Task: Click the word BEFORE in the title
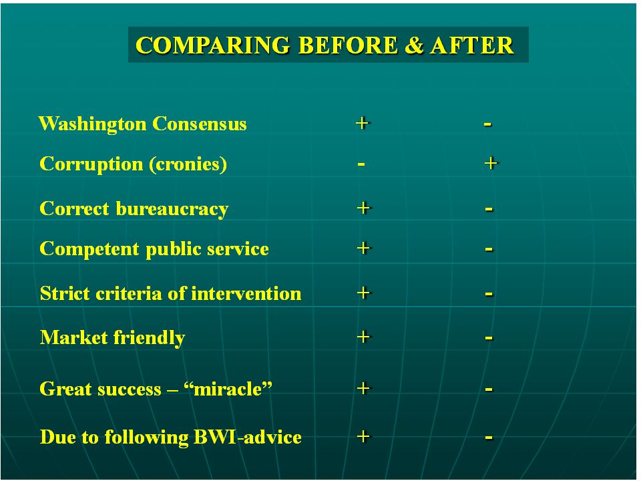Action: tap(347, 45)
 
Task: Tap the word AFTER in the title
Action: tap(472, 45)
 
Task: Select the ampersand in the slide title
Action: tap(414, 45)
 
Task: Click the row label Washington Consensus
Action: tap(143, 124)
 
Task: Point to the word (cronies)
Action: tap(188, 164)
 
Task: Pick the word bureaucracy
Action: tap(172, 209)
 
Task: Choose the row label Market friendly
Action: tap(112, 338)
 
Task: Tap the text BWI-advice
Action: tap(247, 437)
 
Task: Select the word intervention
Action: tap(246, 293)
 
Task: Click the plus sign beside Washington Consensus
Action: tap(362, 123)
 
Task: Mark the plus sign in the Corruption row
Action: tap(491, 164)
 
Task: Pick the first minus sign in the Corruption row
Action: tap(361, 165)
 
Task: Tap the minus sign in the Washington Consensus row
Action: tap(487, 124)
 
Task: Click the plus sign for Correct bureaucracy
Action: tap(363, 208)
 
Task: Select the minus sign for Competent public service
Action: tap(489, 249)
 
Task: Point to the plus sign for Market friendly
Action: tap(363, 337)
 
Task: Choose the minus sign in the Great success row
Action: tap(489, 389)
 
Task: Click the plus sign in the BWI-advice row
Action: tap(363, 436)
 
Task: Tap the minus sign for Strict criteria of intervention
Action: tap(489, 294)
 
